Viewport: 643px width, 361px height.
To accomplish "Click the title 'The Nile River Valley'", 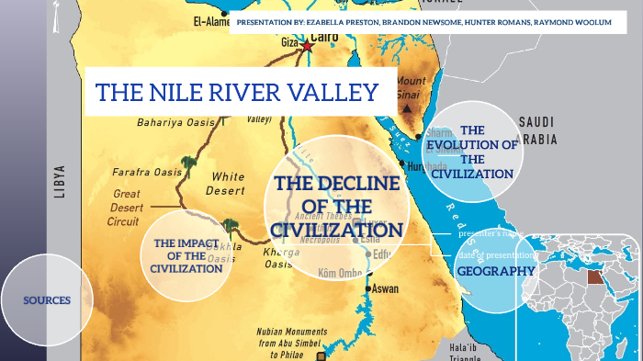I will pos(238,93).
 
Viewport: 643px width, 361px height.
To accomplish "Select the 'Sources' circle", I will pos(47,300).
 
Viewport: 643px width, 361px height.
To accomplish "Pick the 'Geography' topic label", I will pos(496,271).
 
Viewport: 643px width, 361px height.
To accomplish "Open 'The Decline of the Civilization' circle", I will pos(336,207).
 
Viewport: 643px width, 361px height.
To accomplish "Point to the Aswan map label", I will pos(385,288).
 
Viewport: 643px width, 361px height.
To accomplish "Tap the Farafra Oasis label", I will pos(146,172).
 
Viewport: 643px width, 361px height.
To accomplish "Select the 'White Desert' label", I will pos(228,183).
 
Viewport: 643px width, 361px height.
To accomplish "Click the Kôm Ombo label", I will pos(338,274).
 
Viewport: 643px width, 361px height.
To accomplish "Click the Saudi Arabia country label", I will pos(550,131).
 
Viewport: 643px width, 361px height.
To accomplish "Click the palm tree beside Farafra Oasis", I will pos(189,164).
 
